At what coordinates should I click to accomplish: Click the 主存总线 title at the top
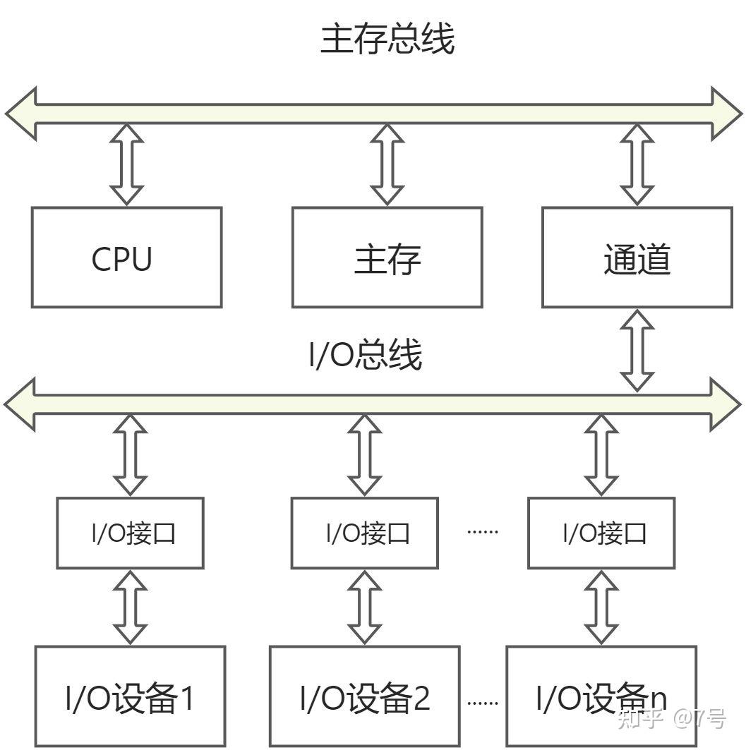click(x=387, y=40)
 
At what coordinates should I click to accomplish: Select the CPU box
click(x=126, y=258)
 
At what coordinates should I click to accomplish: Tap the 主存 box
click(x=387, y=258)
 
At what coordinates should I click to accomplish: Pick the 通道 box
click(x=637, y=258)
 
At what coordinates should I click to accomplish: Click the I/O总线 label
click(x=366, y=355)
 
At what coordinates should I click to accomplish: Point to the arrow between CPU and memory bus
click(x=127, y=164)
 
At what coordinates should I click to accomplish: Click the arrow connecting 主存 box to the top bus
click(x=387, y=164)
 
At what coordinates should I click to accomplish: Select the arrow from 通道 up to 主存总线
click(x=637, y=164)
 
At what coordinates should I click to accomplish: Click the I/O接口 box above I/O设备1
click(x=130, y=533)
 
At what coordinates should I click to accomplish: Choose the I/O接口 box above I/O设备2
click(x=364, y=533)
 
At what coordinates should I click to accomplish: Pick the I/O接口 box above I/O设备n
click(x=601, y=533)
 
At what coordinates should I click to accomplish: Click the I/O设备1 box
click(x=130, y=697)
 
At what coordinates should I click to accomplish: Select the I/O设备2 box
click(x=364, y=697)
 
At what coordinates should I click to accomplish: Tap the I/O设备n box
click(x=601, y=697)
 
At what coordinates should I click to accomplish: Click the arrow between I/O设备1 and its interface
click(x=131, y=607)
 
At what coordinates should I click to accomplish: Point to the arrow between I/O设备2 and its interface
click(x=365, y=607)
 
